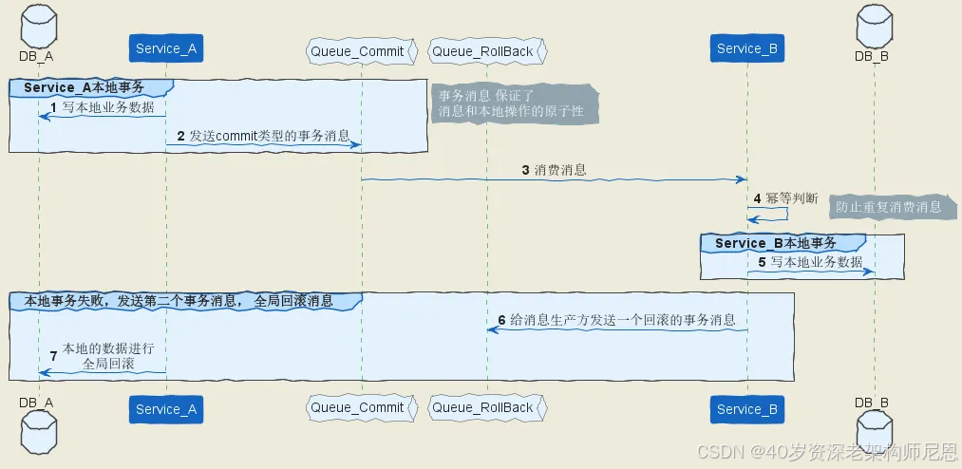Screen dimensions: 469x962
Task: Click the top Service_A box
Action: point(165,48)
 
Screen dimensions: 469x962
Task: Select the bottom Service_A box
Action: point(165,408)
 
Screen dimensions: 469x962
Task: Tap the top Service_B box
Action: point(746,48)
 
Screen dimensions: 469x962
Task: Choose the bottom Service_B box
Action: point(746,408)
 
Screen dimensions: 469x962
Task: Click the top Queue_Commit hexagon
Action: point(361,50)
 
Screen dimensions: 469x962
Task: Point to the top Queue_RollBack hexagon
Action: point(487,50)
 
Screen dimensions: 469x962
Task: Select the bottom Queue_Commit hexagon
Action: point(361,408)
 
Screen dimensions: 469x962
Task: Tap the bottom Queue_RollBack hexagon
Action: point(487,408)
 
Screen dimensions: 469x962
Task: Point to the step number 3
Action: point(525,170)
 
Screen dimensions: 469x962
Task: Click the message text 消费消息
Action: point(560,170)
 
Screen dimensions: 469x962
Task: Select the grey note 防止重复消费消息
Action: point(889,206)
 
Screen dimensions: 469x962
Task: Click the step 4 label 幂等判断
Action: point(791,198)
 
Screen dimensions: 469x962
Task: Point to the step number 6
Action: point(501,320)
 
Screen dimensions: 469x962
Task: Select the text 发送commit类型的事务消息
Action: point(269,136)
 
